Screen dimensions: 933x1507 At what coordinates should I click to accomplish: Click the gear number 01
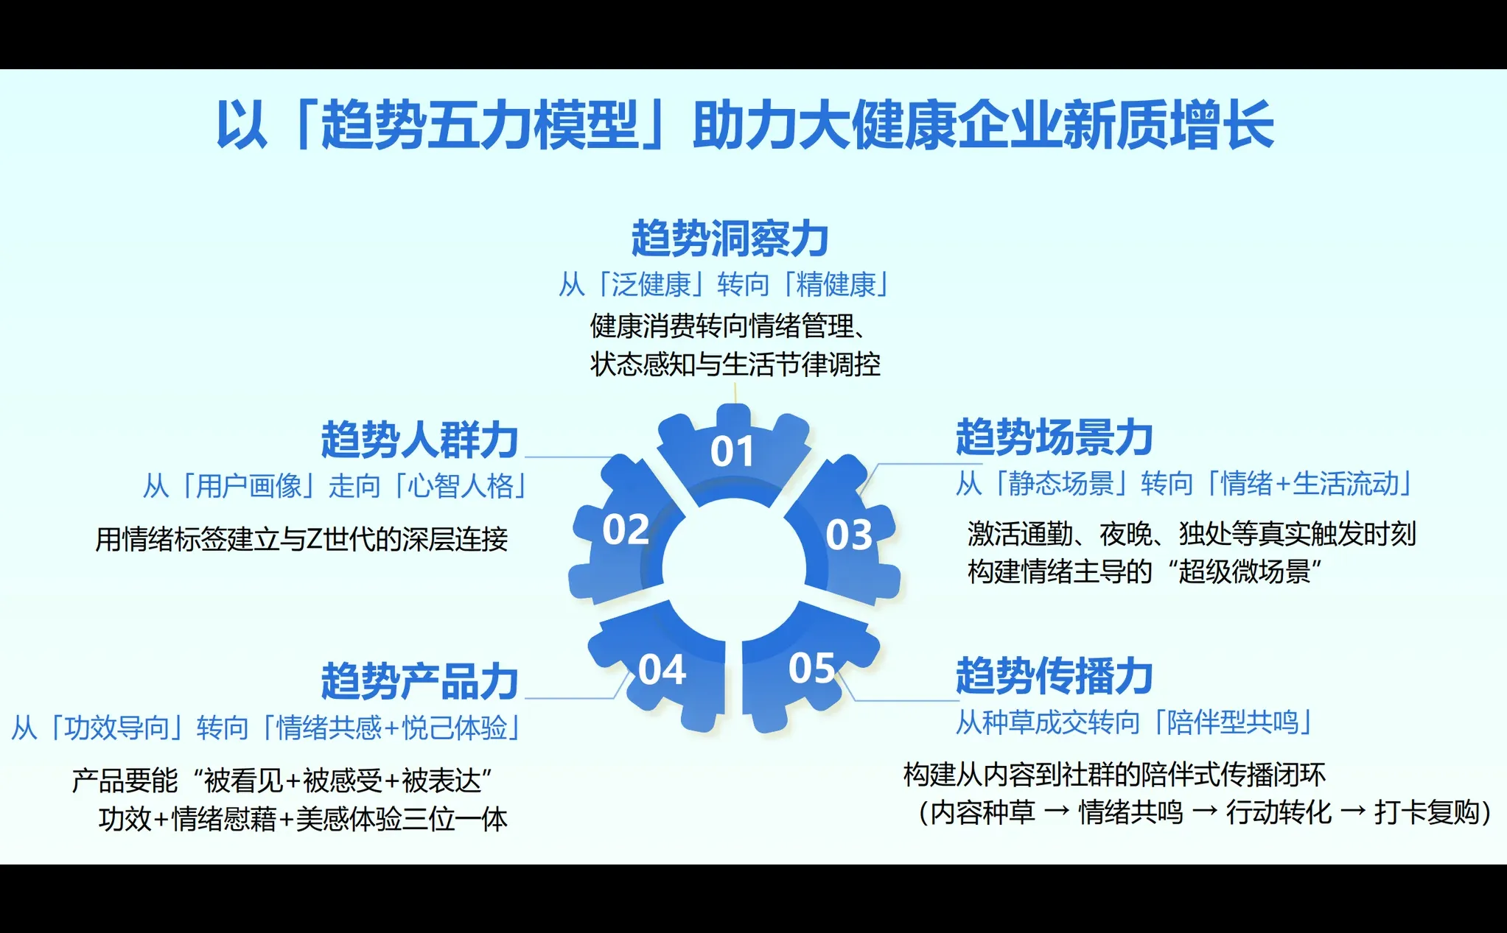click(x=732, y=451)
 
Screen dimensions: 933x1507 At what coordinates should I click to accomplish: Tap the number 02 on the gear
click(x=625, y=529)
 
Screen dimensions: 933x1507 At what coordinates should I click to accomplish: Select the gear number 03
click(x=849, y=535)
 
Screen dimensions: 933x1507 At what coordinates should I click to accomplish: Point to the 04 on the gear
click(x=662, y=670)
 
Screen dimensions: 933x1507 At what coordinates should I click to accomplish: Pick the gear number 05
click(x=811, y=668)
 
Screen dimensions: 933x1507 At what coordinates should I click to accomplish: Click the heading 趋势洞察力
click(x=730, y=239)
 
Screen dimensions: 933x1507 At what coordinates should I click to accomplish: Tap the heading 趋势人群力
click(x=419, y=440)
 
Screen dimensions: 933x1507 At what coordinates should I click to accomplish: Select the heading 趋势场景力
click(x=1054, y=437)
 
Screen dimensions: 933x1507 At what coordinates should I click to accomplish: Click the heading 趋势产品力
click(x=419, y=680)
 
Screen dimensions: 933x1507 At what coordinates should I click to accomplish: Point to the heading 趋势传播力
click(x=1054, y=676)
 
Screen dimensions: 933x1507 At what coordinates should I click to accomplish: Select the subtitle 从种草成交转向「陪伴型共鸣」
click(x=1134, y=722)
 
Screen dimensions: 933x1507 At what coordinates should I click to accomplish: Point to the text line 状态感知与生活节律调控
click(x=735, y=365)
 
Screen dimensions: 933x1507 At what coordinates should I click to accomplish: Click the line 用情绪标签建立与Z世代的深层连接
click(x=301, y=539)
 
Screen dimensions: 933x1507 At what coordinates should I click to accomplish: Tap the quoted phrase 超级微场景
click(x=1244, y=571)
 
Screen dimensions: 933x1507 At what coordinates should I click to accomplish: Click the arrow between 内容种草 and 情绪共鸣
click(x=1057, y=812)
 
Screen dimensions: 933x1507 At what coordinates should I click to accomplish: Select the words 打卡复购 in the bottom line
click(x=1427, y=812)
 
